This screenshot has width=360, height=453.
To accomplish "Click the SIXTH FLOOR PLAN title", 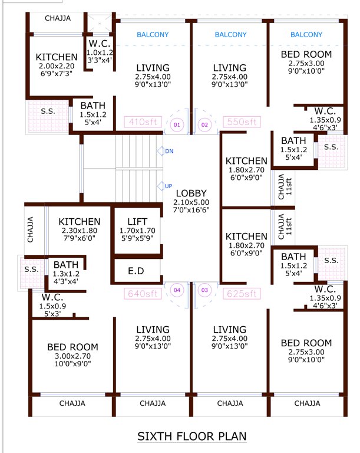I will click(x=191, y=436).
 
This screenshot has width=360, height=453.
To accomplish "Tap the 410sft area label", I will click(x=142, y=122).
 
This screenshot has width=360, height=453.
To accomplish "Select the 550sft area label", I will click(x=242, y=122).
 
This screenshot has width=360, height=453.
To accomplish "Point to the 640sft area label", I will click(x=142, y=293).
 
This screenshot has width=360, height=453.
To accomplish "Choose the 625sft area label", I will click(x=242, y=293).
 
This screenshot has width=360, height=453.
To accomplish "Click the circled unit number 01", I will click(x=176, y=125).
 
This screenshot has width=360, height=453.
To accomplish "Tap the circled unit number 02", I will click(x=205, y=125).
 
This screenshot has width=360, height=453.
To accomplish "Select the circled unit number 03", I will click(x=205, y=290).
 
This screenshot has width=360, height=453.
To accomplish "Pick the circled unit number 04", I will click(x=176, y=290).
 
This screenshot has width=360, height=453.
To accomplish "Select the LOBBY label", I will click(x=191, y=193).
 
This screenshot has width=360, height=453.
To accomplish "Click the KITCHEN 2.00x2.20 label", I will click(x=57, y=57).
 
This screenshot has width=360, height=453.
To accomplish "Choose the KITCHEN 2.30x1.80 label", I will click(x=80, y=221).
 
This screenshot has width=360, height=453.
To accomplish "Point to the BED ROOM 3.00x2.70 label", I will click(x=72, y=347).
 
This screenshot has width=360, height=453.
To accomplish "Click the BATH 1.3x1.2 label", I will click(x=67, y=265).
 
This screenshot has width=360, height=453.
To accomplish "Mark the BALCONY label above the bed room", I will click(x=306, y=35).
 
